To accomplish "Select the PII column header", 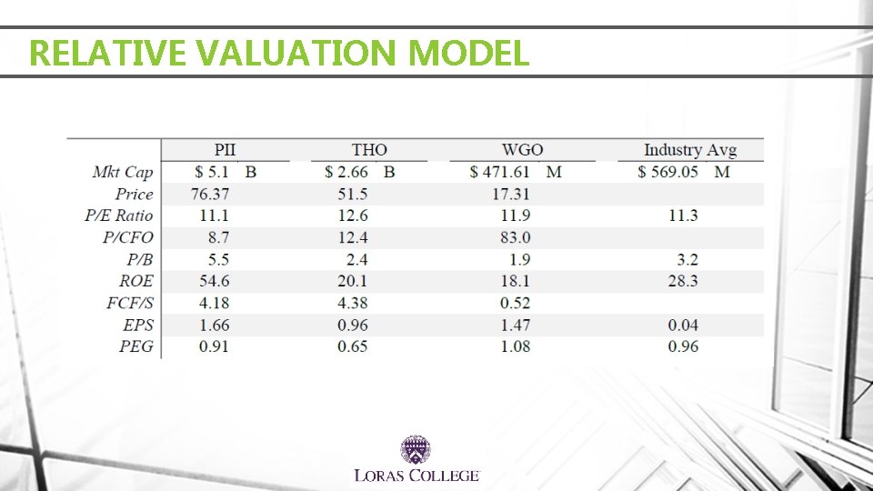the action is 225,150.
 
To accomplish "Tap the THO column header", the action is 369,150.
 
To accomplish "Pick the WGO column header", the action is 522,150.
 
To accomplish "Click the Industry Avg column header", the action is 690,150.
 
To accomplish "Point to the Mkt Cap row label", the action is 123,172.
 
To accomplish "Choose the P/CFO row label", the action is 127,237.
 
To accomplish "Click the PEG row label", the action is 135,346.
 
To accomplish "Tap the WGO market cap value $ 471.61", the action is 499,172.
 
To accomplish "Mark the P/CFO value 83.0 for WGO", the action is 515,237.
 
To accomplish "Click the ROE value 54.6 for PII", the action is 215,281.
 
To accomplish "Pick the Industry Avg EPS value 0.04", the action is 683,326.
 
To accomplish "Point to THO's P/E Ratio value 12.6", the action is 353,215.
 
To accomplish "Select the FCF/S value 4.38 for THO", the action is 353,304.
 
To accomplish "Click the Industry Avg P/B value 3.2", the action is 687,259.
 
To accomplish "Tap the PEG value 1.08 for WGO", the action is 515,346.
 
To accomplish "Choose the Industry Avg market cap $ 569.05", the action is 667,172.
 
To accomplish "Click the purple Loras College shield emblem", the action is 416,450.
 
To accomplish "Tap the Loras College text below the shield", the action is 416,476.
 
